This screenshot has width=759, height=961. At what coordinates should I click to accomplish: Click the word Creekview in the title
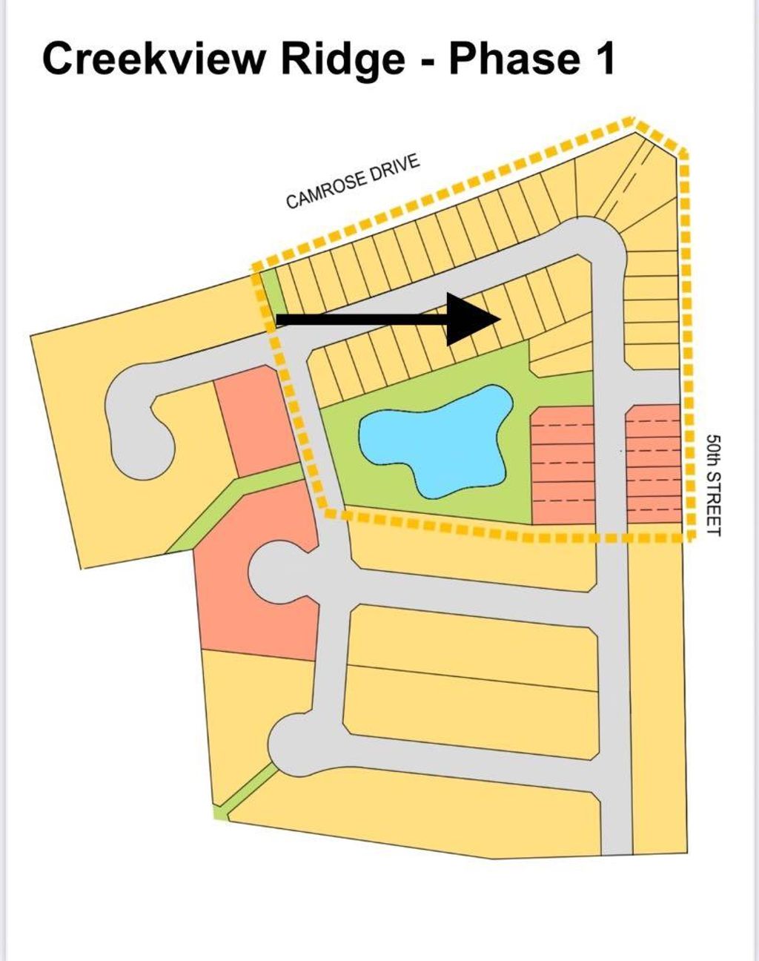point(153,59)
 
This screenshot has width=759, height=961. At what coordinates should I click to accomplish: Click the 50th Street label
point(714,484)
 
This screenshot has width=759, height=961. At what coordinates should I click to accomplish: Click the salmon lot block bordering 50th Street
point(654,464)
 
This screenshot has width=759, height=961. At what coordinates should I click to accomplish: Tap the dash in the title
point(428,61)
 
